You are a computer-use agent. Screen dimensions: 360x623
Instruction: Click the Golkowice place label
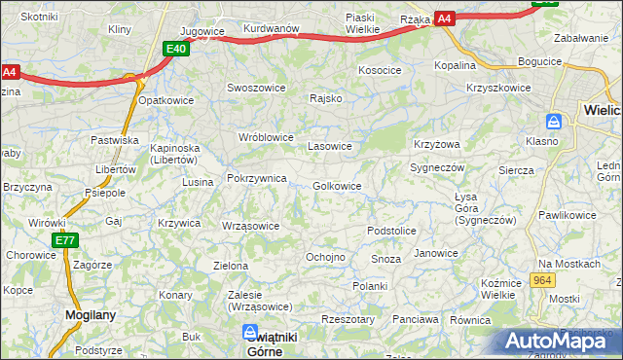[x=338, y=186]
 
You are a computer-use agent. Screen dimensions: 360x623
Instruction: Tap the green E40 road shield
[x=176, y=49]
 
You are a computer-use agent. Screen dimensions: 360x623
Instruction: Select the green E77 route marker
[x=65, y=240]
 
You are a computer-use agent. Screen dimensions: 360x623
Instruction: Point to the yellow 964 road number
[x=543, y=280]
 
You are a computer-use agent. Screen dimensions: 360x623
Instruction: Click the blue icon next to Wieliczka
[x=554, y=122]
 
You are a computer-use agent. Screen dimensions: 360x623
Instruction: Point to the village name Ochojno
[x=326, y=257]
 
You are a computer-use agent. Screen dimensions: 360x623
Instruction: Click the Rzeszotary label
[x=348, y=318]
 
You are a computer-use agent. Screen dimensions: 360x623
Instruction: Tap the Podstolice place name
[x=391, y=231]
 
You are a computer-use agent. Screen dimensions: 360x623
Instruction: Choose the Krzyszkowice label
[x=498, y=87]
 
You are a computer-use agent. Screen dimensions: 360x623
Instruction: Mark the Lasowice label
[x=329, y=146]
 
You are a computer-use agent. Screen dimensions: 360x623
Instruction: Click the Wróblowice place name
[x=266, y=137]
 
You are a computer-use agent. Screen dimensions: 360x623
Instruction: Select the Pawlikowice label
[x=567, y=214]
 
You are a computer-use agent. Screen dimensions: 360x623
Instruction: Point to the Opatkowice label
[x=166, y=100]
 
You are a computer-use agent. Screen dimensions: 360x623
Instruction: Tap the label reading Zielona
[x=231, y=265]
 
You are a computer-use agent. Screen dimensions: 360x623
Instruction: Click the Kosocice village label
[x=380, y=70]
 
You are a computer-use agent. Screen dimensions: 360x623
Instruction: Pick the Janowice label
[x=436, y=253]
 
